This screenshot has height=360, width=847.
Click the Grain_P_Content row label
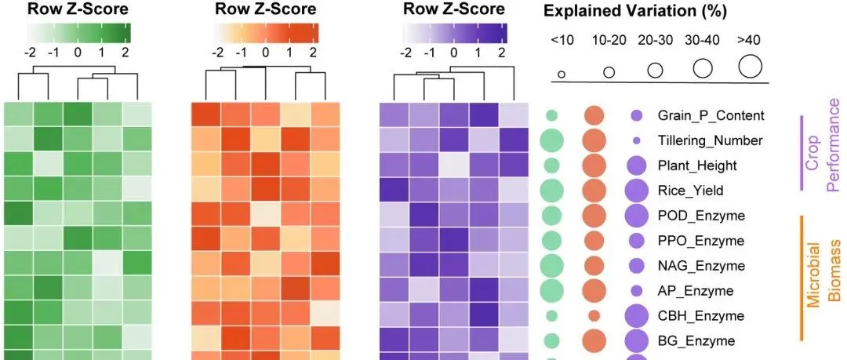(711, 115)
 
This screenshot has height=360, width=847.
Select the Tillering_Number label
(711, 140)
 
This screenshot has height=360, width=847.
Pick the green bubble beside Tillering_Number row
(551, 140)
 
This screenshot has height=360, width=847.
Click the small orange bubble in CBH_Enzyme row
(594, 315)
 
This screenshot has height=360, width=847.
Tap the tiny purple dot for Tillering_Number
(636, 140)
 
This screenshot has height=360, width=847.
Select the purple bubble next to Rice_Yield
(636, 191)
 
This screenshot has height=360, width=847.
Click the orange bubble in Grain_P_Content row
(594, 115)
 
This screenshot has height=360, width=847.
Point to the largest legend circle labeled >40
(750, 67)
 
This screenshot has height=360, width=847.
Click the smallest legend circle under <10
(562, 75)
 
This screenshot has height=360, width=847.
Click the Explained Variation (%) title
(634, 12)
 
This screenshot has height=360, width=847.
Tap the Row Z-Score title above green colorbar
(78, 9)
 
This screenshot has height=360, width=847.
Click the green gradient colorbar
(78, 33)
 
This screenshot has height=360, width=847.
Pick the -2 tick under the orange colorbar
(218, 53)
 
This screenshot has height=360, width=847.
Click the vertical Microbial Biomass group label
(824, 278)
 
